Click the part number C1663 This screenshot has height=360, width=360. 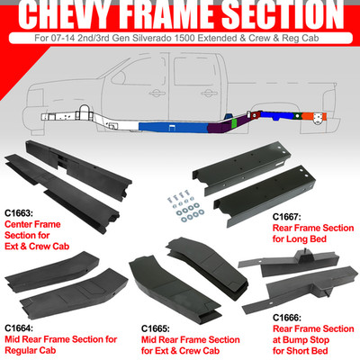[x=18, y=213]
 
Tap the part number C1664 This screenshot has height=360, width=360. [x=18, y=328]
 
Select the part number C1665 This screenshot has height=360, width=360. [x=155, y=328]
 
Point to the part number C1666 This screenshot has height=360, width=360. [x=287, y=318]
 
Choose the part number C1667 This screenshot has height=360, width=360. [x=286, y=217]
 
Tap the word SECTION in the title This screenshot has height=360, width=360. [x=283, y=14]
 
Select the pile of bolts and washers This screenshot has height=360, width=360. [x=184, y=207]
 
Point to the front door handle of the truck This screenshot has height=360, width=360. [x=157, y=94]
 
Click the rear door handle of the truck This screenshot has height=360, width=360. [x=210, y=93]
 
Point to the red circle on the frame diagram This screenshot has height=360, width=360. [x=255, y=114]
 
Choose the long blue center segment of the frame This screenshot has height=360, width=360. [x=174, y=127]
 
